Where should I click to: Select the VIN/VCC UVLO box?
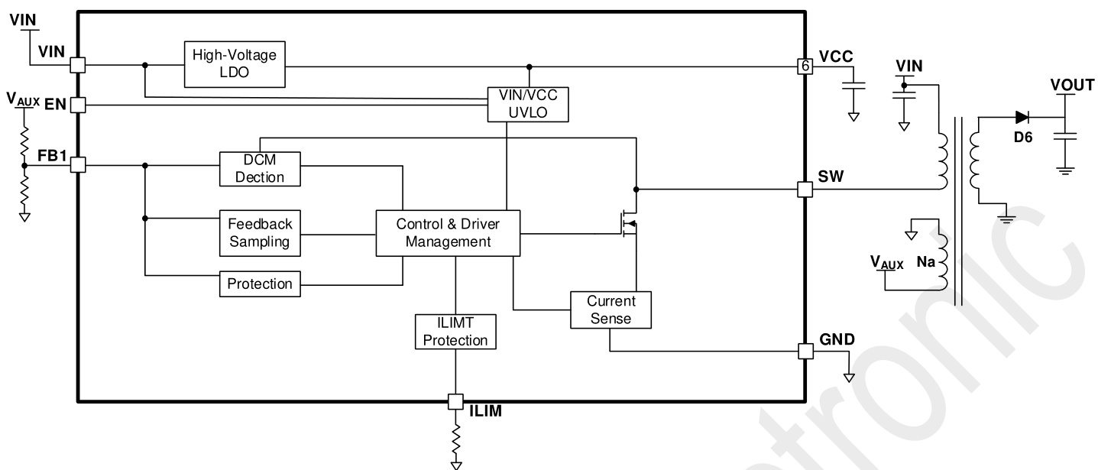pos(529,104)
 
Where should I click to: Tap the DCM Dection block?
pos(260,168)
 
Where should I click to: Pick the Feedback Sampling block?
pos(260,233)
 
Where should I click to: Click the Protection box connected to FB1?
pos(260,284)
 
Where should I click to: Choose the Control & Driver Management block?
pos(448,233)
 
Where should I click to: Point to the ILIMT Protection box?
pos(455,332)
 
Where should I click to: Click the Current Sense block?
pos(611,310)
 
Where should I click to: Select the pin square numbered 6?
pos(805,66)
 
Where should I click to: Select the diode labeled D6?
pos(1022,118)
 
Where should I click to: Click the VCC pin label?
pos(836,58)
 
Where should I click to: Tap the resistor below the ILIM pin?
pos(456,441)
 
